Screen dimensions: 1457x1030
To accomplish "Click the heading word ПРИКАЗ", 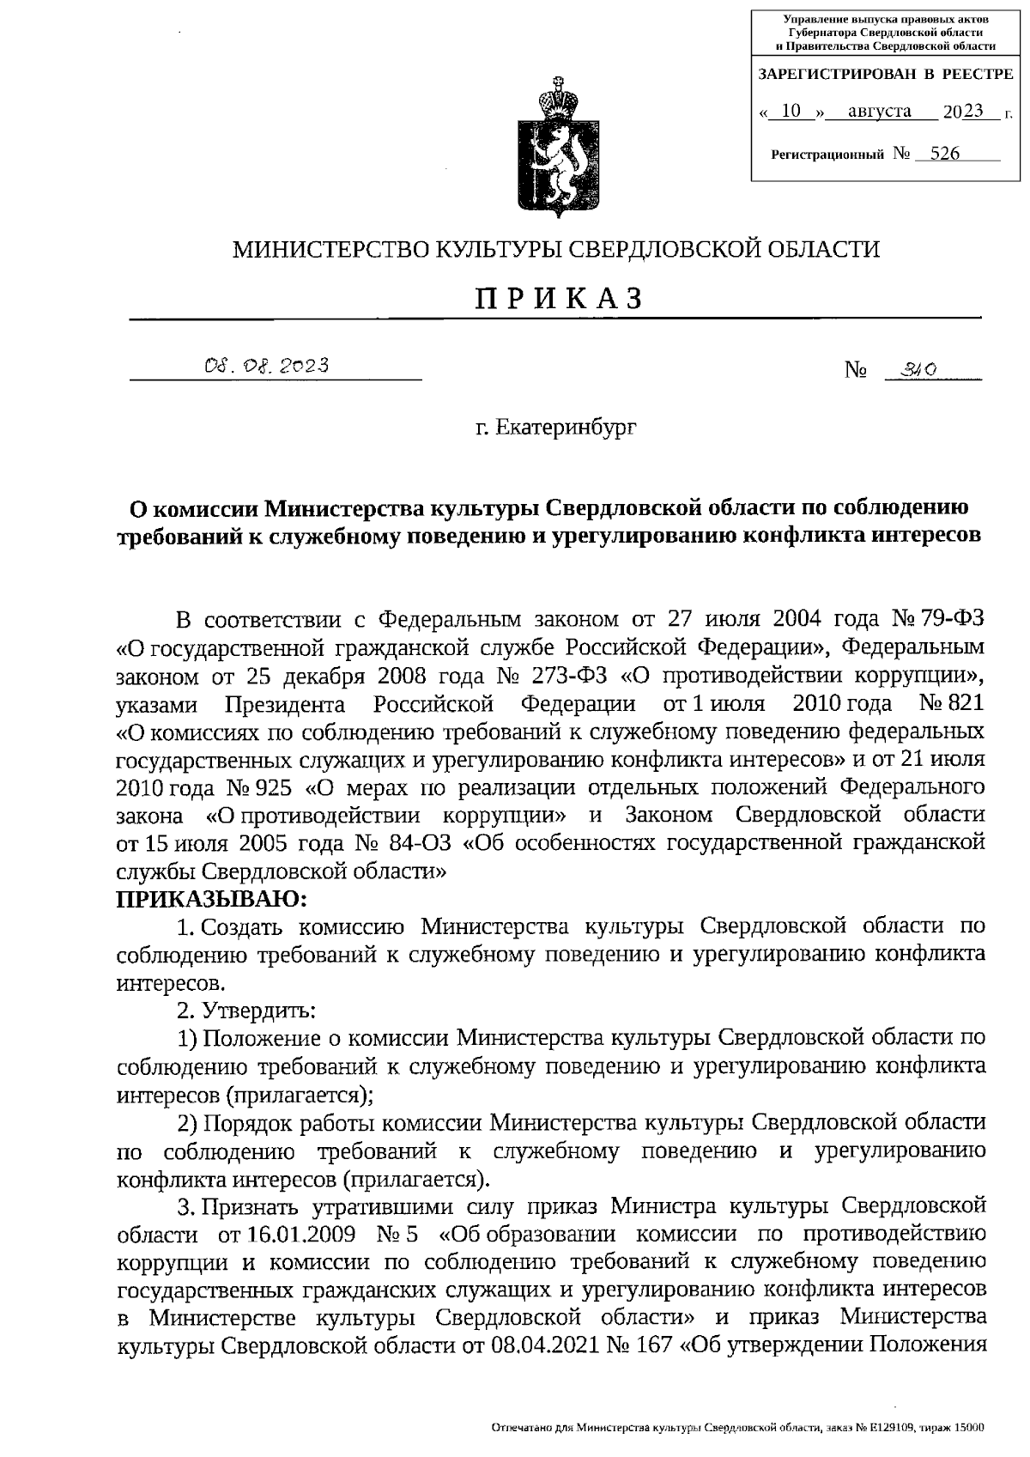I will pyautogui.click(x=559, y=298).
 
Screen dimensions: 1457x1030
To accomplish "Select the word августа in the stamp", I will pyautogui.click(x=879, y=111).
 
